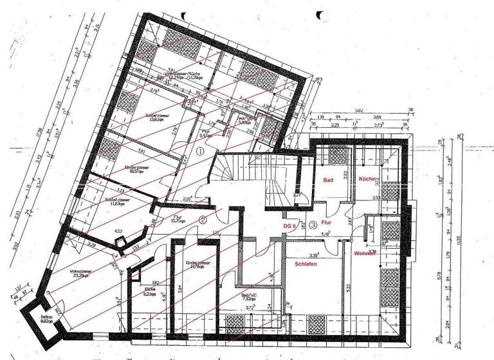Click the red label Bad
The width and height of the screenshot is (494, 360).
[x=328, y=181]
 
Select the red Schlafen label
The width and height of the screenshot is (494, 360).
[x=309, y=264]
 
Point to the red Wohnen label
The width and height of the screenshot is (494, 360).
[x=364, y=253]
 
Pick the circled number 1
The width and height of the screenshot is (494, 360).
[x=200, y=152]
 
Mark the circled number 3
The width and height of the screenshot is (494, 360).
[x=313, y=225]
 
